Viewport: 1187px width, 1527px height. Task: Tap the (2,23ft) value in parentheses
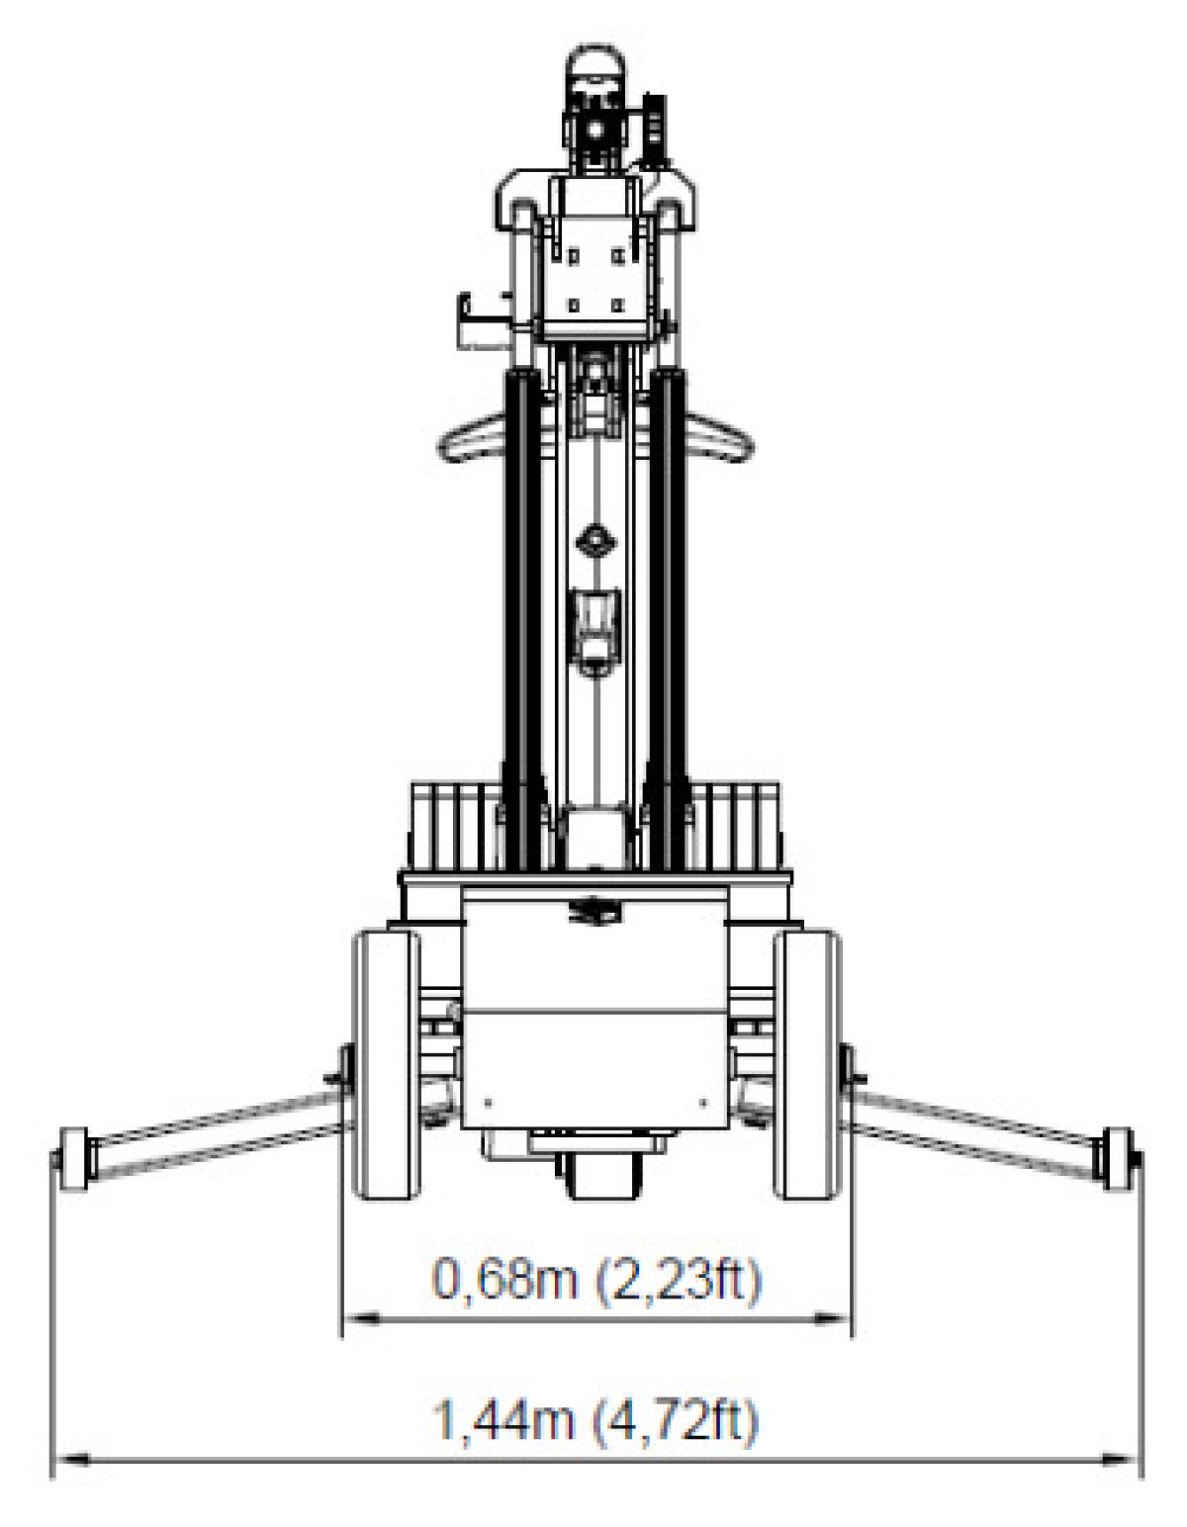(678, 1281)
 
